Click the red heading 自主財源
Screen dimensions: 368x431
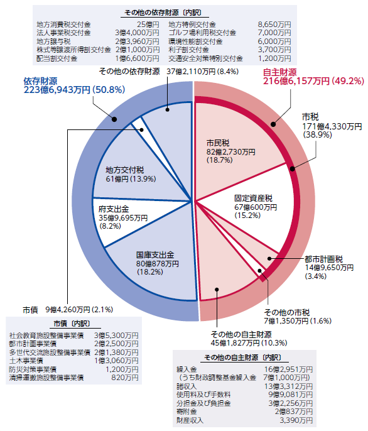(x=280, y=72)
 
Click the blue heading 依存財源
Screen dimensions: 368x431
(x=40, y=81)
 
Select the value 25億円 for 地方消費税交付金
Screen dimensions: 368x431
(x=148, y=25)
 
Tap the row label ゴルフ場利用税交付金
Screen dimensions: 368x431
(x=202, y=33)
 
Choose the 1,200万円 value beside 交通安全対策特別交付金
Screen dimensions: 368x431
(x=274, y=58)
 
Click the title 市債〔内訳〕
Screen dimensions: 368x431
(x=72, y=324)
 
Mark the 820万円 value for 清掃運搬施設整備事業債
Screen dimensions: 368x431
(x=125, y=378)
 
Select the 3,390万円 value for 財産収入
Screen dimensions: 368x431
(x=296, y=420)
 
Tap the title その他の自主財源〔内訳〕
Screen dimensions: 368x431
(x=243, y=357)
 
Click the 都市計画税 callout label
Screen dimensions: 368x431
(x=324, y=259)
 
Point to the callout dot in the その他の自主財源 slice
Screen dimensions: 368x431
(x=217, y=290)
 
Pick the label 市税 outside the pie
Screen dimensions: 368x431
(x=311, y=117)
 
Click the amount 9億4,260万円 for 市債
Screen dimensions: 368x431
(x=68, y=310)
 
